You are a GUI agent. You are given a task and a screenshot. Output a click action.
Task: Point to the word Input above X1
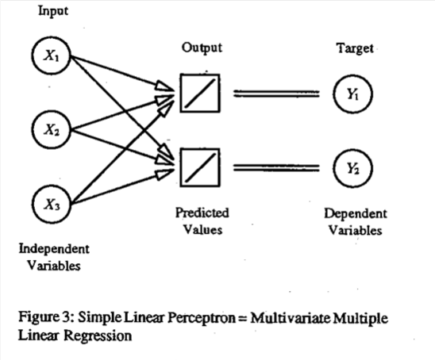pos(53,11)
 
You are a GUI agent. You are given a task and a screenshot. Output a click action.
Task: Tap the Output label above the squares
pos(202,48)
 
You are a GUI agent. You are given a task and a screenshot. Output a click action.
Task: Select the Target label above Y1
pos(356,48)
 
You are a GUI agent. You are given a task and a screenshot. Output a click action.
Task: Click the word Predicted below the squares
pos(202,213)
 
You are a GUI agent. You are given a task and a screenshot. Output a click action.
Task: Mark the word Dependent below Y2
pos(356,213)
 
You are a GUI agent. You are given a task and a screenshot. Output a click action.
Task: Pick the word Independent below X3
pos(54,249)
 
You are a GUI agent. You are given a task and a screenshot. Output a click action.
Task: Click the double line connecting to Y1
pos(276,94)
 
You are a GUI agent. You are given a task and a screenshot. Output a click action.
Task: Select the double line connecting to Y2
pos(276,167)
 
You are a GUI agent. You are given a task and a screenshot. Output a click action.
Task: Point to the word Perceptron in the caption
pos(202,318)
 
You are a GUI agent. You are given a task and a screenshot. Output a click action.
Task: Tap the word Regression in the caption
pos(98,335)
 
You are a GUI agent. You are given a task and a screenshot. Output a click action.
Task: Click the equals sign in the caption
pos(242,319)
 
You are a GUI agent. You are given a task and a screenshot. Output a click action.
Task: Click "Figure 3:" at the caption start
pos(47,317)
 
